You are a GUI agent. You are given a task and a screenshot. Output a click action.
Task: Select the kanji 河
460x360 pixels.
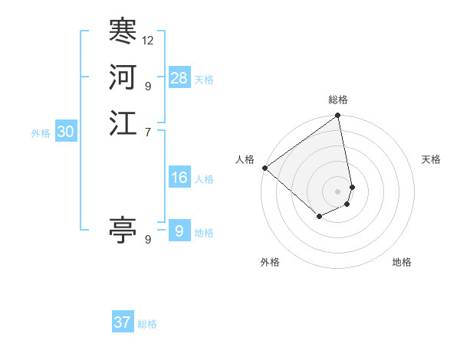point(123,77)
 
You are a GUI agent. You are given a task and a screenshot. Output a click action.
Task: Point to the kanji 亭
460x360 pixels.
point(123,230)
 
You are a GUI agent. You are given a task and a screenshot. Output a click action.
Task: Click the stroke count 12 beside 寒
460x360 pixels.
point(148,40)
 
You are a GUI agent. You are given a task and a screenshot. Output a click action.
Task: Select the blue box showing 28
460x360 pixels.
point(179,78)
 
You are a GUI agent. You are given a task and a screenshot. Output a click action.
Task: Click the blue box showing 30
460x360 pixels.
point(66,132)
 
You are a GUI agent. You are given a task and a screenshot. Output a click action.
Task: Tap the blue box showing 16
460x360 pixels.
point(179,178)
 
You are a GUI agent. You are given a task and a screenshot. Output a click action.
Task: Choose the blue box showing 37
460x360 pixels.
point(123,322)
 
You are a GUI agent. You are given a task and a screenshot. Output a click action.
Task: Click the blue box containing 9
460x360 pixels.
point(179,231)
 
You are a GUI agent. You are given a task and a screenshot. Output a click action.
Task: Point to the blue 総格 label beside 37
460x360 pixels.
point(147,324)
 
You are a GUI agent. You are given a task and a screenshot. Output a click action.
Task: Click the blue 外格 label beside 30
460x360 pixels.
point(41,133)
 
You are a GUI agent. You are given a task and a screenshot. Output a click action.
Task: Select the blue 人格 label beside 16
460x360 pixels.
point(204,179)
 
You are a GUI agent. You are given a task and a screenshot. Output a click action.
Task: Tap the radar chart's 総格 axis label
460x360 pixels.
point(338,100)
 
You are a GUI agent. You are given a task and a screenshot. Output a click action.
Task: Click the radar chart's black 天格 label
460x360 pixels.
point(431,159)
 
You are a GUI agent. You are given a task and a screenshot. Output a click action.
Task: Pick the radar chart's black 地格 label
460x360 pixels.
point(402,262)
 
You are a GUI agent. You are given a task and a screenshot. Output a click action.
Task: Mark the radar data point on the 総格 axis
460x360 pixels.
point(338,116)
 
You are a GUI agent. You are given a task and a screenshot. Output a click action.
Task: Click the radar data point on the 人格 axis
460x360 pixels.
point(264,168)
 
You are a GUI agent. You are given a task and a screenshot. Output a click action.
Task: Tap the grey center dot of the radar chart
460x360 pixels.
point(338,191)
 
